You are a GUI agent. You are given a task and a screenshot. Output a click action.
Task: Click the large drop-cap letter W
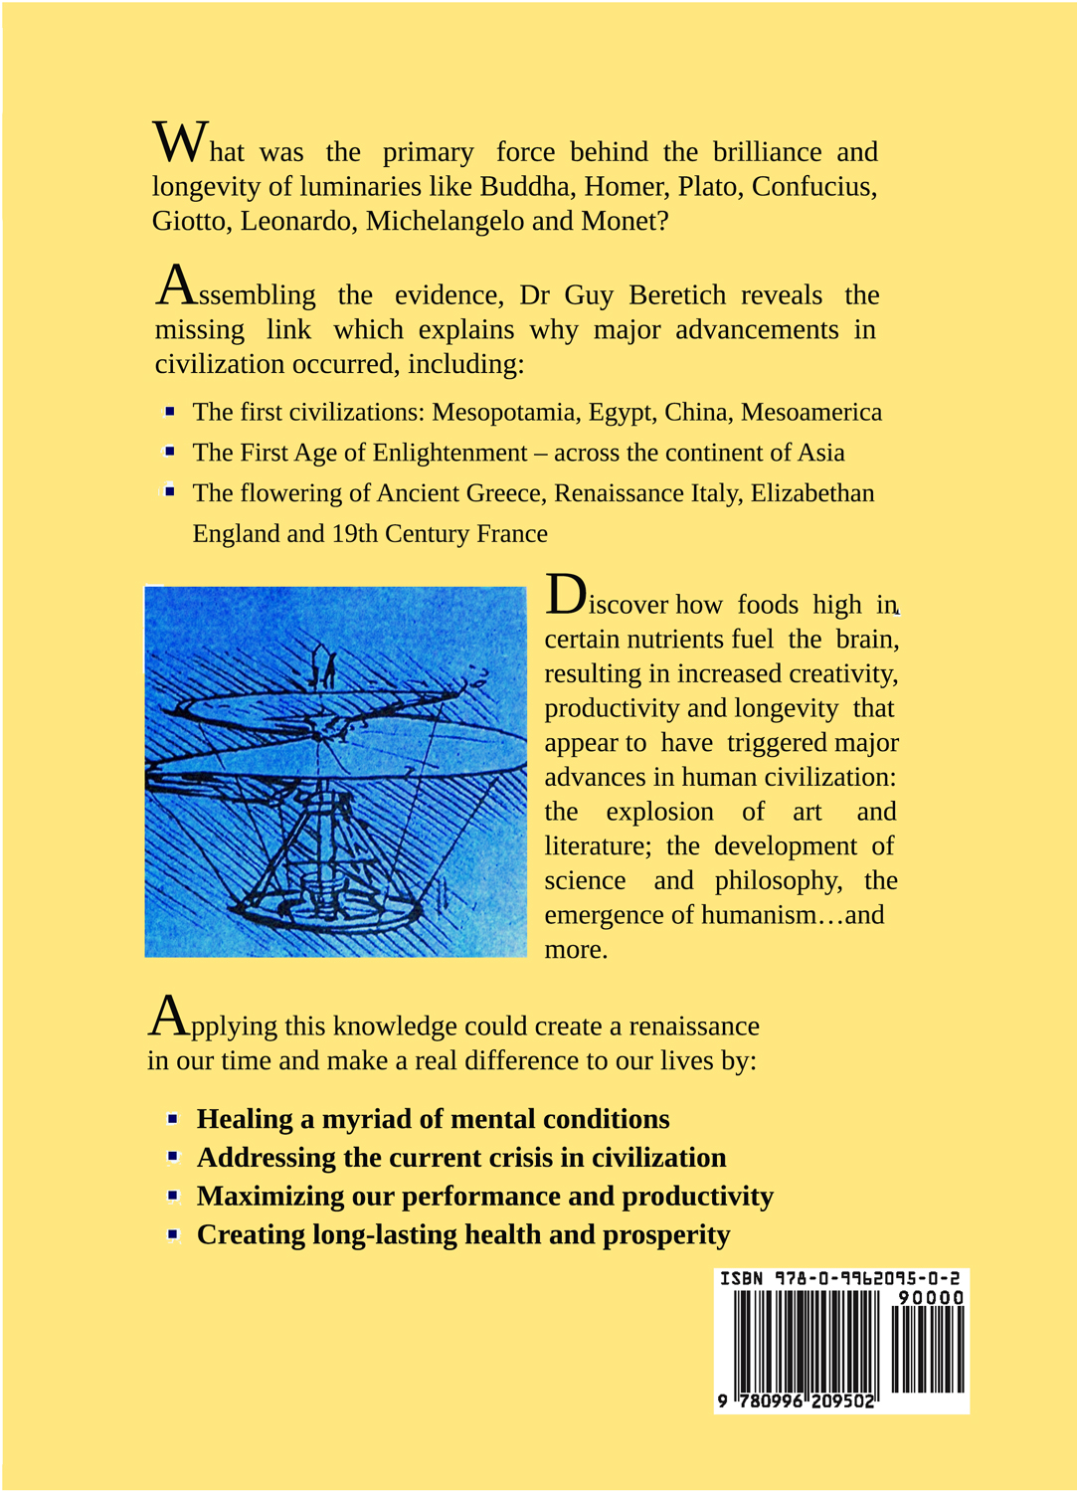tap(180, 141)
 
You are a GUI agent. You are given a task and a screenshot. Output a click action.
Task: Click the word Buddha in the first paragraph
tap(526, 187)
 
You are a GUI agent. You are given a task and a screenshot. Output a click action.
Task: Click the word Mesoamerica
tap(811, 413)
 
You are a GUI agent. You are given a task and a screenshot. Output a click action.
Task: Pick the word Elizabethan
tap(812, 493)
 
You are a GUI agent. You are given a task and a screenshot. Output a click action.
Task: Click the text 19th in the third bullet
tap(355, 534)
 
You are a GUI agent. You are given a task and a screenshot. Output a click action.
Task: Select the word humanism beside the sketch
tap(759, 915)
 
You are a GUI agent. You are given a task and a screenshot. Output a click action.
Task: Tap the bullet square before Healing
tap(173, 1119)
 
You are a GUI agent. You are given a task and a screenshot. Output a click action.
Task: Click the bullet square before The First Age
tap(170, 452)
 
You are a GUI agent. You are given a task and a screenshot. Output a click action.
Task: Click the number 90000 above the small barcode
tap(931, 1298)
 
